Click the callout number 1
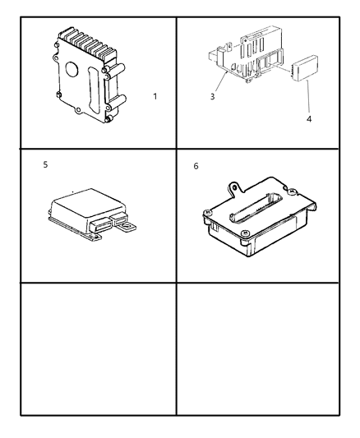coord(155,97)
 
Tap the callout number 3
coord(213,97)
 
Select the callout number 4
coord(309,119)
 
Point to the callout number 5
coord(45,164)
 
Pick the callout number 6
coord(196,166)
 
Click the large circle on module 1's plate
coord(72,69)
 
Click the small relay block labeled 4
coord(305,67)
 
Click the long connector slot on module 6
coord(255,208)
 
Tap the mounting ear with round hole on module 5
coord(129,226)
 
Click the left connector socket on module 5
coord(99,225)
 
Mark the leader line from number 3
coord(221,82)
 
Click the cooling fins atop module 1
coord(88,44)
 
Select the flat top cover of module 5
coord(87,202)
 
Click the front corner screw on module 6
coord(245,233)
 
